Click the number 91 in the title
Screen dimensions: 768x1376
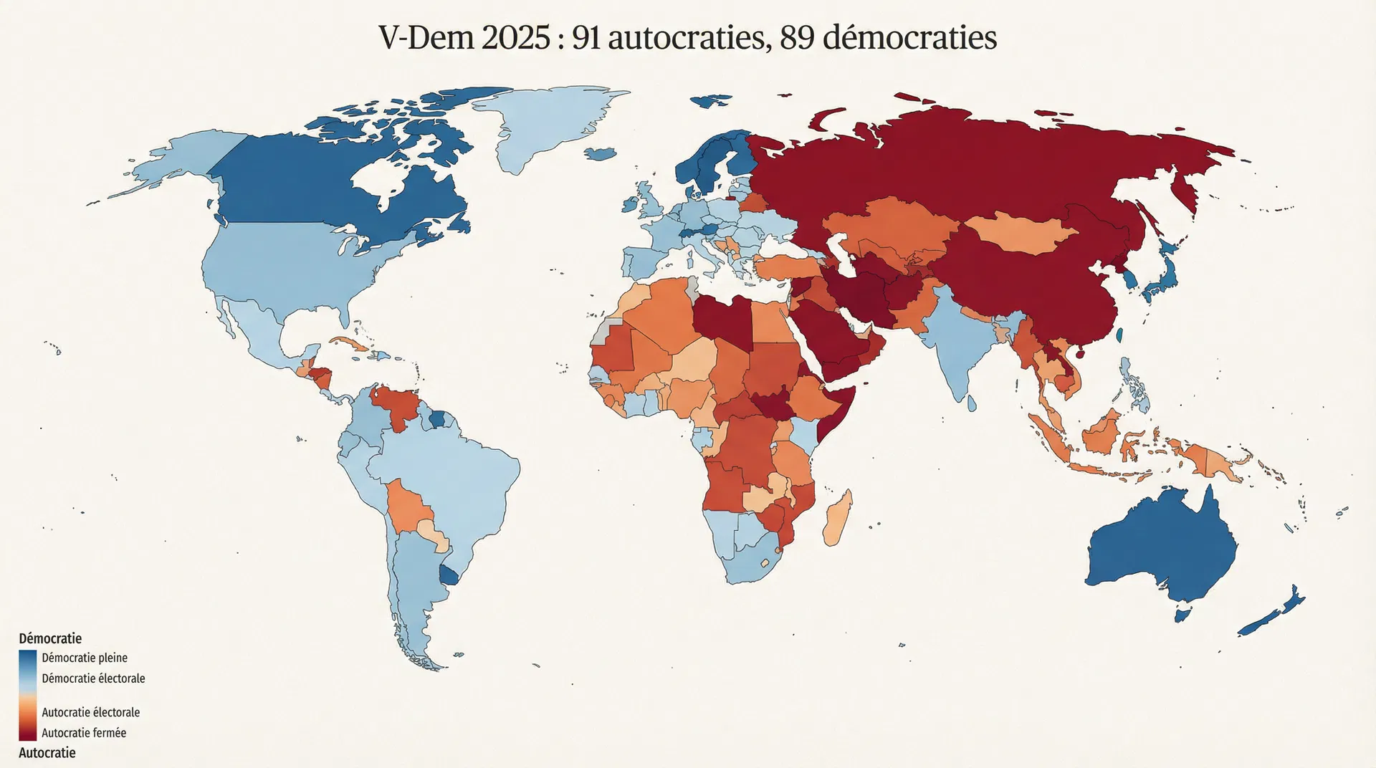(x=586, y=37)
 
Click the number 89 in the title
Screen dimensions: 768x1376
(x=797, y=37)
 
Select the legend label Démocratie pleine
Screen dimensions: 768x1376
(x=85, y=658)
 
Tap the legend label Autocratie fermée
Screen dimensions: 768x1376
(x=84, y=733)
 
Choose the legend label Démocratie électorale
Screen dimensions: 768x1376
(x=93, y=678)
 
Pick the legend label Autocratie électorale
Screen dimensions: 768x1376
(x=90, y=712)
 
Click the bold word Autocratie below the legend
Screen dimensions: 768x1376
(x=47, y=753)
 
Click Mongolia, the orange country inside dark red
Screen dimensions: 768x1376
(x=1021, y=233)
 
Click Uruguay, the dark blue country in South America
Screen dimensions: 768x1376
(x=449, y=575)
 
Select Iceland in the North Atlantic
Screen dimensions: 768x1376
(x=601, y=153)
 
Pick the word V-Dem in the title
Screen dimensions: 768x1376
(x=426, y=37)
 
